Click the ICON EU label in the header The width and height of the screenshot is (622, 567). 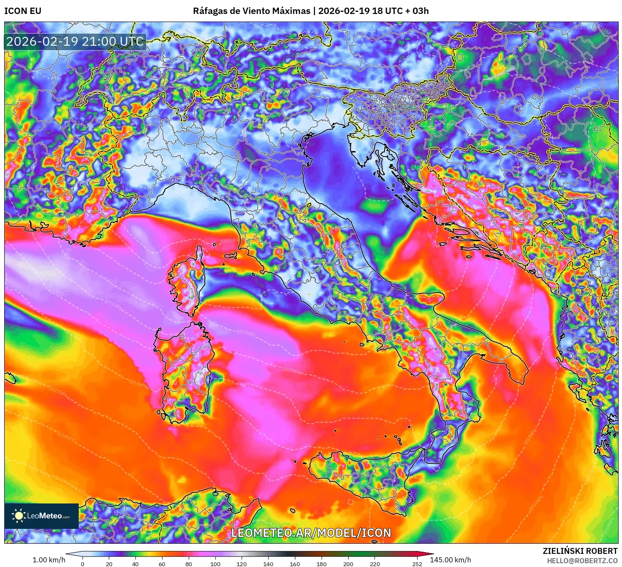[23, 11]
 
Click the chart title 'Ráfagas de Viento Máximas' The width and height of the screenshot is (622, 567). [251, 11]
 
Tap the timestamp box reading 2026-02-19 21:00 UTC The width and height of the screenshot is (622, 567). [75, 41]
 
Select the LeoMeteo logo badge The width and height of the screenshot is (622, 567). [41, 516]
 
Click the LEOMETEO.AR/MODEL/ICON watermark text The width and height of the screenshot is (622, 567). [311, 533]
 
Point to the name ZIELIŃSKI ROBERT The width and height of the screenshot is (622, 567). [580, 551]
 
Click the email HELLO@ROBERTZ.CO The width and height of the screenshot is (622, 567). [582, 561]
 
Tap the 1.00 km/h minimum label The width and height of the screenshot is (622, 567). [49, 560]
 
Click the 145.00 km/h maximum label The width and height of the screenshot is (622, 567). [450, 560]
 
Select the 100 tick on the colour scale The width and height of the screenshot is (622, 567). [215, 564]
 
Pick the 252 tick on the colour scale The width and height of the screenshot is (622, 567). [417, 564]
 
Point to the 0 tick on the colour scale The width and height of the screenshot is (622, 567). [83, 564]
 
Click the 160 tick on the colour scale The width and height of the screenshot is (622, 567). [295, 564]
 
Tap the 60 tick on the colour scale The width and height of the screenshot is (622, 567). [162, 564]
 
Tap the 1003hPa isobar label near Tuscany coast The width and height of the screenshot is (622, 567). [229, 241]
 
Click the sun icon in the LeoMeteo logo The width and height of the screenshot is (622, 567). [19, 516]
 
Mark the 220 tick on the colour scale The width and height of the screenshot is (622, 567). [374, 564]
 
